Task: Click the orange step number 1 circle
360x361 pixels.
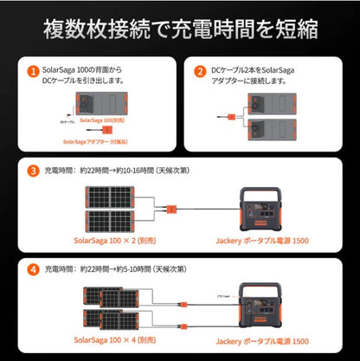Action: point(32,71)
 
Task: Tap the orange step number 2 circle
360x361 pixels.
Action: point(200,71)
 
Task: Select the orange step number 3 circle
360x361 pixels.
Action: point(32,170)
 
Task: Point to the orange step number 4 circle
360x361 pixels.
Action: point(32,268)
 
